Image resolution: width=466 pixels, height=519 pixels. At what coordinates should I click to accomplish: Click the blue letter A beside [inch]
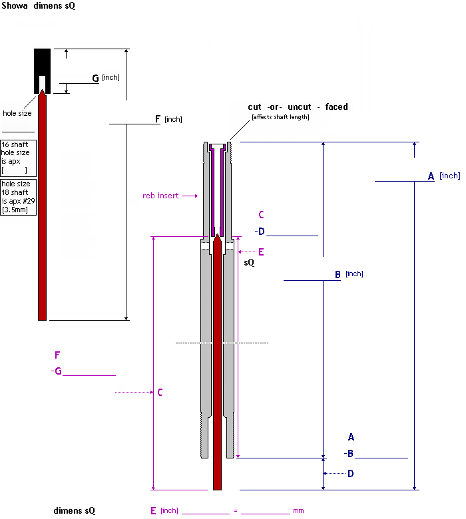pos(431,176)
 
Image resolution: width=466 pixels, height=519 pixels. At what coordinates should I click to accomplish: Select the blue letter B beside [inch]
pos(338,274)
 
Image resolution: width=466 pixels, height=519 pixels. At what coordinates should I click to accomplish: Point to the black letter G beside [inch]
pos(95,79)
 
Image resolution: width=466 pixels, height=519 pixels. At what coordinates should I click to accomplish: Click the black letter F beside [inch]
pos(158,119)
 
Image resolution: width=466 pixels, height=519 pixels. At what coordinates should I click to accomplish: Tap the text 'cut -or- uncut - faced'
pos(298,106)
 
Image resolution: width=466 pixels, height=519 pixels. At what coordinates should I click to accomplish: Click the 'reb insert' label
pos(161,196)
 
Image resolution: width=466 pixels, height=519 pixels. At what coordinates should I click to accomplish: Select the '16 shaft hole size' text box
pos(18,158)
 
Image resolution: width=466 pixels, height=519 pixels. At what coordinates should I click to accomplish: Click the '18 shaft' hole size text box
pos(18,197)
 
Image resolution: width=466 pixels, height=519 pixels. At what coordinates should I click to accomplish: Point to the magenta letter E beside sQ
pos(261,252)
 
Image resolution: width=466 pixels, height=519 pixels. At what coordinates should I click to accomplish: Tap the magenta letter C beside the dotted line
pos(160,393)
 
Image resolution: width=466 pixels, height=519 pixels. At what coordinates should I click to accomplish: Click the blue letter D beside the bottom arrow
pos(350,473)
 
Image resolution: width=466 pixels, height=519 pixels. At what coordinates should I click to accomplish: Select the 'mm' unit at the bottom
pos(298,511)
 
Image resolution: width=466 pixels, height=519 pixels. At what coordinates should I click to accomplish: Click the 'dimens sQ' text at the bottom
pos(74,511)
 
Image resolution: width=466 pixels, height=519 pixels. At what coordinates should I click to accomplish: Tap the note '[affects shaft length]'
pos(280,117)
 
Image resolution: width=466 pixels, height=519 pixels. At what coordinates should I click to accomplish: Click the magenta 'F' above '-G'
pos(57,355)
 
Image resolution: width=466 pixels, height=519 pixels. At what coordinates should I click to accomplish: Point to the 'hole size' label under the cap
pos(17,113)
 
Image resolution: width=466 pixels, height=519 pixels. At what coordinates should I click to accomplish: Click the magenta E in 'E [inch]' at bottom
pos(153,510)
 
